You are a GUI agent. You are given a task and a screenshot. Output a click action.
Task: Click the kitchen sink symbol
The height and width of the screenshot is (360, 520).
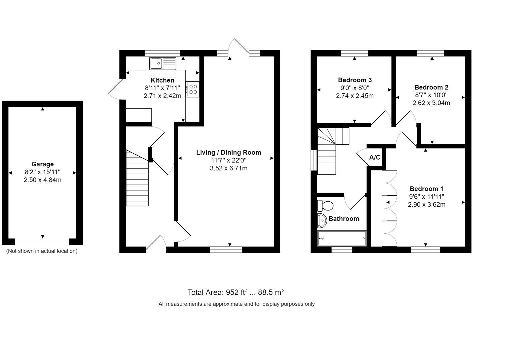pos(163,63)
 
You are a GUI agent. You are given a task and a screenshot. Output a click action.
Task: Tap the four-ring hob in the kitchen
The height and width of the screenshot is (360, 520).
pos(193,89)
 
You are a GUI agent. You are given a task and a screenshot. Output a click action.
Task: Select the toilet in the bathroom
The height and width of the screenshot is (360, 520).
pos(325,205)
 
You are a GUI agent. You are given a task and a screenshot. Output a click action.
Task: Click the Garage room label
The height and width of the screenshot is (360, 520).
pos(42,164)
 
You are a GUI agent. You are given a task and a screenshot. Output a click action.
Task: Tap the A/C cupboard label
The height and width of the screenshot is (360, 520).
pos(375,157)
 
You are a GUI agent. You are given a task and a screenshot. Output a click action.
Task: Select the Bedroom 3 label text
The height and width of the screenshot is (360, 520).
pos(355,80)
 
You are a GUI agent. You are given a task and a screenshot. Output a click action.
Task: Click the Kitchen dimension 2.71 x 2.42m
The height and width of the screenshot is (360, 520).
pos(162,96)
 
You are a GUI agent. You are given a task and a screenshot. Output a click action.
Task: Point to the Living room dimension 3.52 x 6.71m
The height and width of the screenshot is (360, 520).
pos(228,168)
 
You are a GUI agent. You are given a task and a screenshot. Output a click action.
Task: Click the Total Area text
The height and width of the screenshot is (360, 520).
pos(235,292)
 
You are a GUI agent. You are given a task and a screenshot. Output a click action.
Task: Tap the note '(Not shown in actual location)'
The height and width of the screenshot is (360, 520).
pos(42,251)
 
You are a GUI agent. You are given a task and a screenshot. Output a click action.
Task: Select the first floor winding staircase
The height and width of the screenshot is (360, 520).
pos(330,150)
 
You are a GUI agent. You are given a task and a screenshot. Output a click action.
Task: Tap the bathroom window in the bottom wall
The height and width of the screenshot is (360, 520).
pos(342,250)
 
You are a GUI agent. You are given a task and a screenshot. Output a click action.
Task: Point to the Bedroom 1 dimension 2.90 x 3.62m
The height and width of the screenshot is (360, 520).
pos(426,205)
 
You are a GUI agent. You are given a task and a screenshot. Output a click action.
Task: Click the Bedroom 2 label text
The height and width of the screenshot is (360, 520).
pos(431,87)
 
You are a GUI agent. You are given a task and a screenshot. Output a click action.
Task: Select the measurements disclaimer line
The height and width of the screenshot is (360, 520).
pos(236,304)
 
